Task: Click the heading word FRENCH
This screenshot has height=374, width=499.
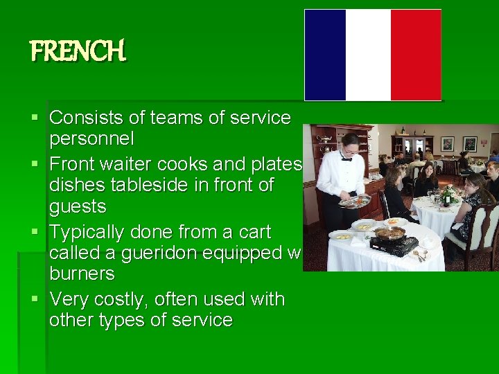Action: pos(78,51)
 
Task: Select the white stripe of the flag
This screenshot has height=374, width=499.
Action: pos(368,55)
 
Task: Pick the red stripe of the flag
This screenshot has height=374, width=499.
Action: pos(415,55)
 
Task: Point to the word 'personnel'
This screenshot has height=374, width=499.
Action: pos(91,139)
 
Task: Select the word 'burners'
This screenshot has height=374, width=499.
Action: pos(82,274)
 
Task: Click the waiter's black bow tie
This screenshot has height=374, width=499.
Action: pos(347,159)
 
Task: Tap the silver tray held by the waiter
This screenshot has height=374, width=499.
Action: pos(355,202)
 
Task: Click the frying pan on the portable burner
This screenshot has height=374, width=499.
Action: pos(389,233)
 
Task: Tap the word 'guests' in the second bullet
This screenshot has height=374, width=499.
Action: pos(78,206)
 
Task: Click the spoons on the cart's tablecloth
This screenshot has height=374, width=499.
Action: pos(420,256)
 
